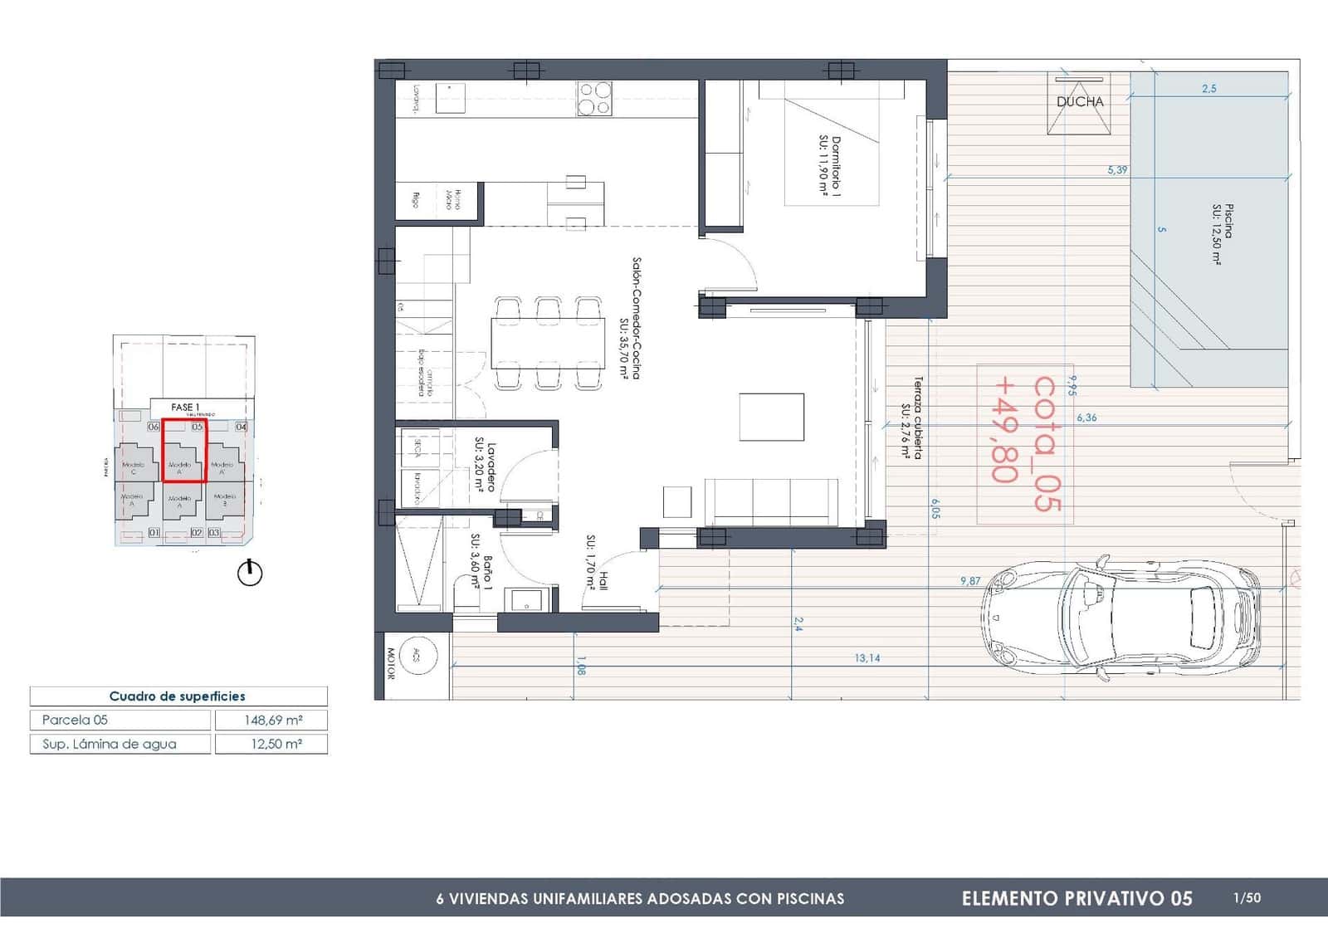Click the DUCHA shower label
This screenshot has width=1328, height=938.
tap(1079, 102)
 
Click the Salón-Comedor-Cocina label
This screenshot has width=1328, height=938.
tap(631, 319)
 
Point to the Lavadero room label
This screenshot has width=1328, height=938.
tap(485, 466)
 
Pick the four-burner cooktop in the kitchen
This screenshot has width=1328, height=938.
tap(594, 98)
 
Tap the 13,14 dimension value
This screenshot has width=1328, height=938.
tap(867, 658)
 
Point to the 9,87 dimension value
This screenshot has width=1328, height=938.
tap(969, 581)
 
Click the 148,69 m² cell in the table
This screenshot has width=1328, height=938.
tap(271, 720)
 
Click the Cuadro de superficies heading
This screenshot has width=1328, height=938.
tap(178, 696)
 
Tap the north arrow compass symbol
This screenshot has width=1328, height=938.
tap(250, 573)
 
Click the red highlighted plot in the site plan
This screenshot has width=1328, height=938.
tap(183, 451)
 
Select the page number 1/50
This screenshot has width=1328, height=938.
tap(1247, 897)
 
